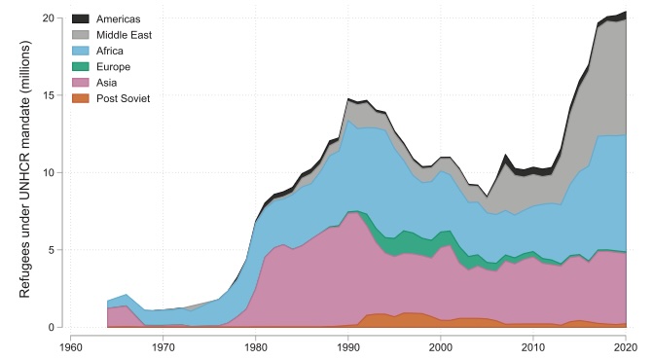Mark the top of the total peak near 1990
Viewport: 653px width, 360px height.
click(348, 98)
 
